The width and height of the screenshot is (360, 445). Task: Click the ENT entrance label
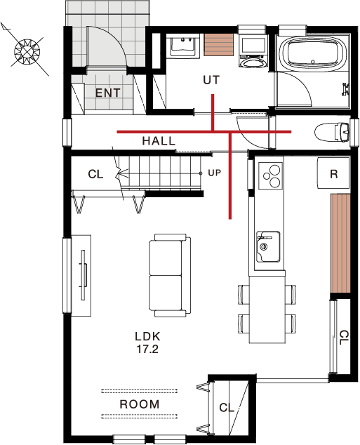107,93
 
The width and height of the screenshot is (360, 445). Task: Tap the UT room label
211,80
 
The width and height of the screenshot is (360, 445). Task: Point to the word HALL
159,141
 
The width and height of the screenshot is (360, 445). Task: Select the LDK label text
147,337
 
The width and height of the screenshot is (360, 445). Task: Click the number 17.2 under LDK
147,349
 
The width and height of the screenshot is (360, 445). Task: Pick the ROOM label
140,404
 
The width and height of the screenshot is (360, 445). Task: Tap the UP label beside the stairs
215,173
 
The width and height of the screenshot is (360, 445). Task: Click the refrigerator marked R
333,173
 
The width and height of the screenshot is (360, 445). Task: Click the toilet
332,132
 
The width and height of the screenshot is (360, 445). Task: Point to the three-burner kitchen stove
270,176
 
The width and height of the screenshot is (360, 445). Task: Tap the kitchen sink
268,246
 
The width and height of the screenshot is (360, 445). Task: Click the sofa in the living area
170,275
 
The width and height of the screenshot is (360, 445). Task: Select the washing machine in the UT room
253,51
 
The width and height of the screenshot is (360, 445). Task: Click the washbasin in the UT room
183,46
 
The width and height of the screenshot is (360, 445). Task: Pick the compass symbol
27,52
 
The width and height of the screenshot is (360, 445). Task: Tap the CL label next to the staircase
95,174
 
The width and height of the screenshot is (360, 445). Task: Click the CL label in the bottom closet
227,408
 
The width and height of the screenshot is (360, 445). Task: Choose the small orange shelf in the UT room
218,44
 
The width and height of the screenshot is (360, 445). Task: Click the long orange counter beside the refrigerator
340,244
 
